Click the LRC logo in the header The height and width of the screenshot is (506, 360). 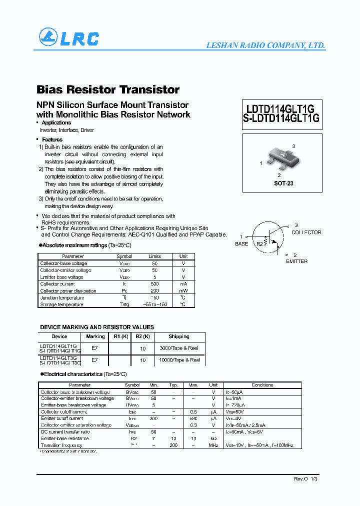(x=69, y=38)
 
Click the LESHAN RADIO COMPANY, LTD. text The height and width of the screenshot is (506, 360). (x=265, y=45)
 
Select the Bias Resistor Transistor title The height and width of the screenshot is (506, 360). (x=108, y=90)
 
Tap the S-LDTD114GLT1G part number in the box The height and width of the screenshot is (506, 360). (x=281, y=119)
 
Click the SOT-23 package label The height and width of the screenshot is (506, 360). (x=283, y=183)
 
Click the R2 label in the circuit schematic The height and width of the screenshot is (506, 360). (x=259, y=244)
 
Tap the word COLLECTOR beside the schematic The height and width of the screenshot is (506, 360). (x=306, y=232)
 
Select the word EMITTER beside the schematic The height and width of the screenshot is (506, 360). (x=296, y=261)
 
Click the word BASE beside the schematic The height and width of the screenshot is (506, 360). (x=241, y=244)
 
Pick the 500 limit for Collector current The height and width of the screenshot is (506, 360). (x=154, y=284)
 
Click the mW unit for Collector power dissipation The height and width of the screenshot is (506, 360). (x=183, y=291)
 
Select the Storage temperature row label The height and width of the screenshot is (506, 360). (x=61, y=304)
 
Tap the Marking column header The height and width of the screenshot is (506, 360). (x=95, y=336)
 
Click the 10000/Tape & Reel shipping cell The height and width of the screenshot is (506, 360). (x=179, y=360)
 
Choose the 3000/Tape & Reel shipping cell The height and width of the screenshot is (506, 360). (x=179, y=348)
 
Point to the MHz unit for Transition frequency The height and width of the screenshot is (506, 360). (x=213, y=445)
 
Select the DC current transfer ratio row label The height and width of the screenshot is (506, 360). (x=65, y=431)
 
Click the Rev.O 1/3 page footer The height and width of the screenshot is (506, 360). (x=305, y=479)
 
